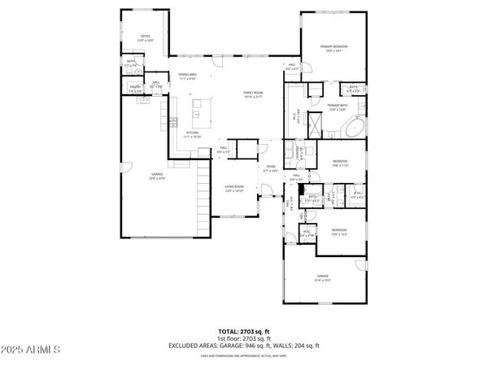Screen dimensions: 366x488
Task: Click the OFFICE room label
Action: click(146, 37)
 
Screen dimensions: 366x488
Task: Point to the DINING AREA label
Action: click(190, 76)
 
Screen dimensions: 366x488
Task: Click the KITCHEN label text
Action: click(194, 133)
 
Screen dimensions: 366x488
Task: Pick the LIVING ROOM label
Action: click(235, 188)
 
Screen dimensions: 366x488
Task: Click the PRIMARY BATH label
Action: click(338, 107)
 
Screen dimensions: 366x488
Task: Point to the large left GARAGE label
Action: click(157, 176)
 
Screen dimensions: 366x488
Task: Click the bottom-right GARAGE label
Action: click(323, 277)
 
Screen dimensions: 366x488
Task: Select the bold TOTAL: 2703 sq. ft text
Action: click(244, 330)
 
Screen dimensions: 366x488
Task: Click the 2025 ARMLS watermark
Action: click(31, 351)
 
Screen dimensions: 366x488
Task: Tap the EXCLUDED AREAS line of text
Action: click(244, 345)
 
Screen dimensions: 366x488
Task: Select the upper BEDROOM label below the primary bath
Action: click(340, 162)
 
